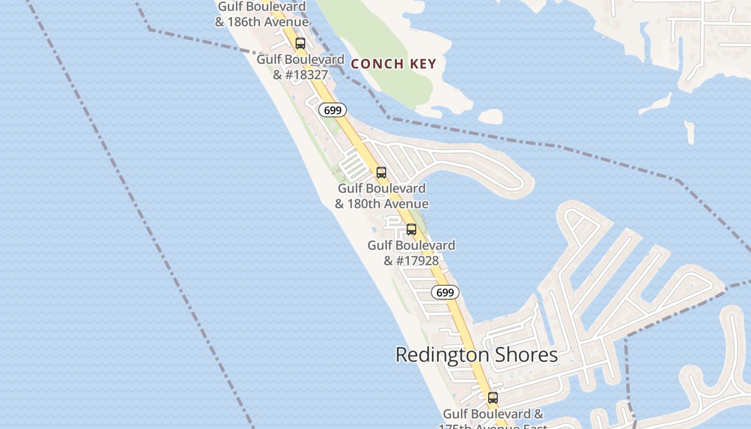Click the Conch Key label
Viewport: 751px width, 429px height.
pyautogui.click(x=393, y=64)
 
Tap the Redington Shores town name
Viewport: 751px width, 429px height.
pyautogui.click(x=476, y=354)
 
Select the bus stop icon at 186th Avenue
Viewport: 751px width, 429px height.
pyautogui.click(x=300, y=43)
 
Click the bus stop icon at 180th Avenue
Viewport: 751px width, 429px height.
pyautogui.click(x=381, y=173)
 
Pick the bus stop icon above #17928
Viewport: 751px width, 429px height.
pyautogui.click(x=411, y=230)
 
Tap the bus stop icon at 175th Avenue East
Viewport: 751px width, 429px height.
pyautogui.click(x=493, y=398)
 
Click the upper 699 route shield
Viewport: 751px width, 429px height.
pyautogui.click(x=333, y=110)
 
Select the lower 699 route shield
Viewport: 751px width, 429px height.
pyautogui.click(x=445, y=292)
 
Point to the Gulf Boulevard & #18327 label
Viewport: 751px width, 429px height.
pyautogui.click(x=300, y=67)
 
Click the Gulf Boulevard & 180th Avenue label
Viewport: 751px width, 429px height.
pyautogui.click(x=381, y=196)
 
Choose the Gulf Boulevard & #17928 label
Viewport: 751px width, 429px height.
pyautogui.click(x=411, y=253)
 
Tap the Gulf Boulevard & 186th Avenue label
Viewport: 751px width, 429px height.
pyautogui.click(x=262, y=14)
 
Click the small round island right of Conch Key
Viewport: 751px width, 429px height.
pyautogui.click(x=490, y=116)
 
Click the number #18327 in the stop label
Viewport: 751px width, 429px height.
pyautogui.click(x=307, y=75)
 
